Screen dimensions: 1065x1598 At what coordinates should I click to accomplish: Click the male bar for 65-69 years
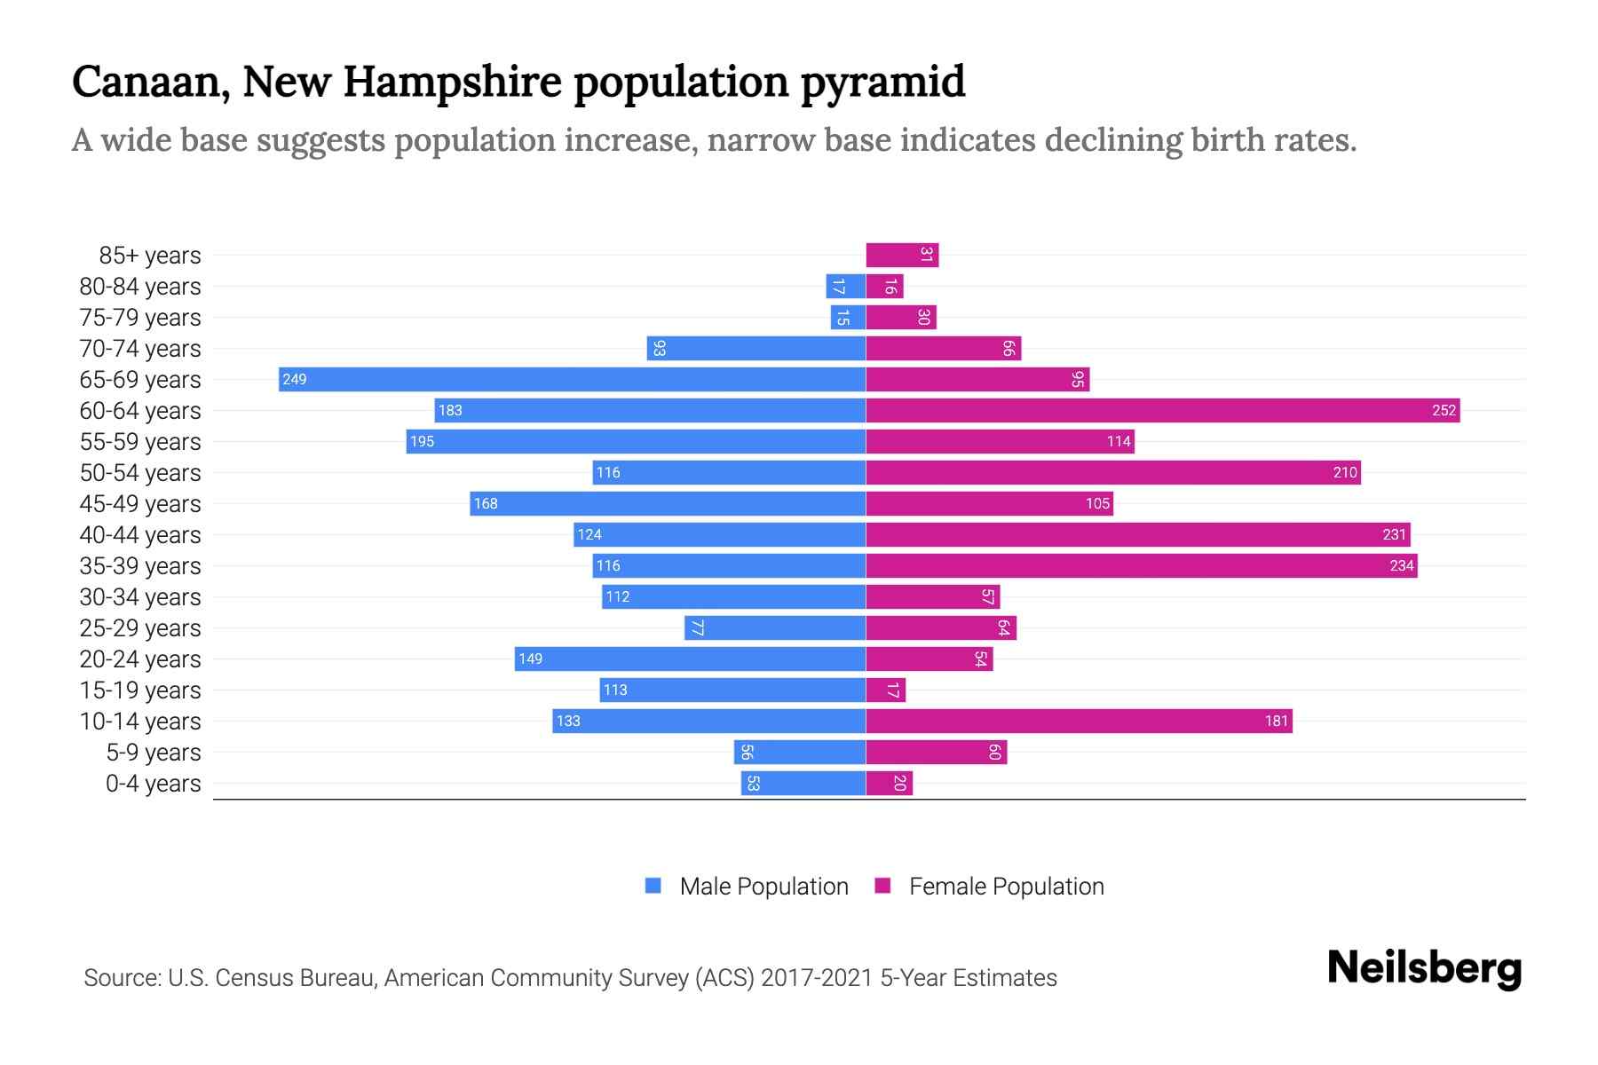pyautogui.click(x=572, y=379)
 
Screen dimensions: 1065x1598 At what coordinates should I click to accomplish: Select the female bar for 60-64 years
pyautogui.click(x=1162, y=410)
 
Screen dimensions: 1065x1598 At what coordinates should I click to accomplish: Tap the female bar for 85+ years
pyautogui.click(x=902, y=255)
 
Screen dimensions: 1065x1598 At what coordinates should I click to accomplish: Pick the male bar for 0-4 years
pyautogui.click(x=803, y=783)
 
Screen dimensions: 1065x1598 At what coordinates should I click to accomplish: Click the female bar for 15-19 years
pyautogui.click(x=885, y=690)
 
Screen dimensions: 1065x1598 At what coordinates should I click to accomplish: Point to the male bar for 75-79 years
pyautogui.click(x=848, y=317)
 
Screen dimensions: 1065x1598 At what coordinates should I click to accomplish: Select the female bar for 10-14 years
pyautogui.click(x=1079, y=721)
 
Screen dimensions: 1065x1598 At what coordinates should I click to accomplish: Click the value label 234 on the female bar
pyautogui.click(x=1402, y=565)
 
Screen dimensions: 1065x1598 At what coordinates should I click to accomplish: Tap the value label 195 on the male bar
pyautogui.click(x=422, y=441)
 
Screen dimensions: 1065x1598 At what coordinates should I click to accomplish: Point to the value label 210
pyautogui.click(x=1345, y=472)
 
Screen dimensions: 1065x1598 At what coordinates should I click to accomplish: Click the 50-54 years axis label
pyautogui.click(x=140, y=472)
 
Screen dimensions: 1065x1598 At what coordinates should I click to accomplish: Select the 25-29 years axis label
pyautogui.click(x=140, y=627)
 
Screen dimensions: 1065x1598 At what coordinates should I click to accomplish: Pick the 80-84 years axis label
pyautogui.click(x=140, y=286)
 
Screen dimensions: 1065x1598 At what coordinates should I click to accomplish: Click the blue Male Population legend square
pyautogui.click(x=653, y=886)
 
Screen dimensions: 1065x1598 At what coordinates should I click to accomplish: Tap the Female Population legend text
pyautogui.click(x=1006, y=886)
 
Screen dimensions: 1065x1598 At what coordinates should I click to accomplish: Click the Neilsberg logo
pyautogui.click(x=1424, y=967)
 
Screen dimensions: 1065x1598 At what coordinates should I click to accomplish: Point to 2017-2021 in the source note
pyautogui.click(x=817, y=978)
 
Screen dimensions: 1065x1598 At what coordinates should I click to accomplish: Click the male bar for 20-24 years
pyautogui.click(x=690, y=659)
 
